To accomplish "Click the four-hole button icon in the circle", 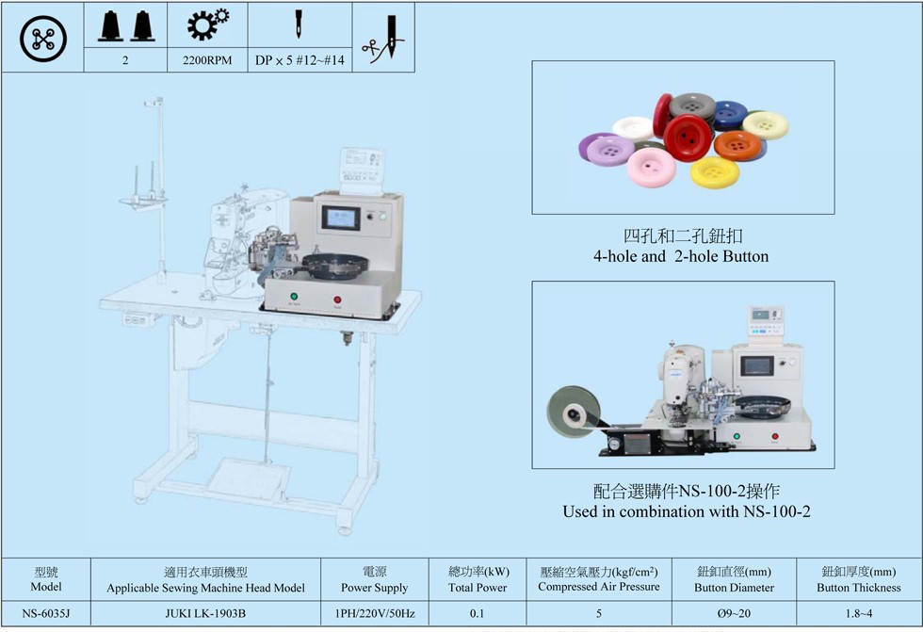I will pyautogui.click(x=43, y=39).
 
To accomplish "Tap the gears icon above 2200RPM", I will pyautogui.click(x=207, y=24).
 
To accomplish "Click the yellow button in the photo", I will pyautogui.click(x=715, y=171).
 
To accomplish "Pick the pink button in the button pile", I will pyautogui.click(x=647, y=169).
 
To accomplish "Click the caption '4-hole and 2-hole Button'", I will pyautogui.click(x=680, y=256).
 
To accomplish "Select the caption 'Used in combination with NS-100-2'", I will pyautogui.click(x=687, y=511).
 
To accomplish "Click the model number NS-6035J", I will pyautogui.click(x=45, y=614).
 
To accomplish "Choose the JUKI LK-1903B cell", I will pyautogui.click(x=205, y=614).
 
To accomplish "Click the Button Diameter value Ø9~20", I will pyautogui.click(x=734, y=614).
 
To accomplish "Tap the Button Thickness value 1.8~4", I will pyautogui.click(x=858, y=614).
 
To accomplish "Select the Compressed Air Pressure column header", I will pyautogui.click(x=598, y=579).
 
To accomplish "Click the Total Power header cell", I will pyautogui.click(x=478, y=579).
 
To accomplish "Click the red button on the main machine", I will pyautogui.click(x=338, y=300).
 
